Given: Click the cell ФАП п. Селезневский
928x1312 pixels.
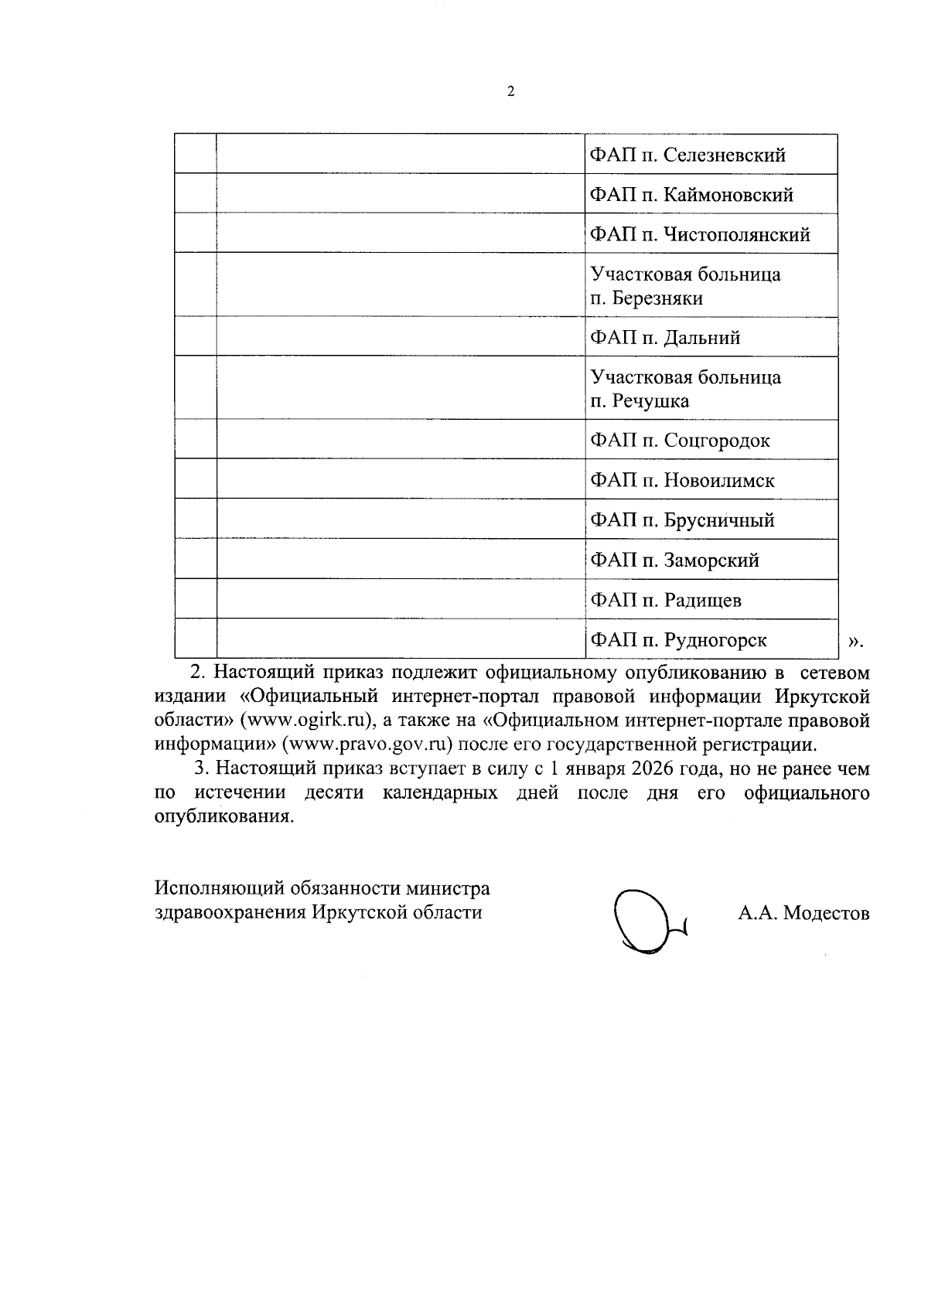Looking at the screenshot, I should (687, 155).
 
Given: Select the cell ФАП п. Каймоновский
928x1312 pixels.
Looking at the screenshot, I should (691, 195).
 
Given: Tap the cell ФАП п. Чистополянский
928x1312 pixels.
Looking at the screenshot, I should (700, 234).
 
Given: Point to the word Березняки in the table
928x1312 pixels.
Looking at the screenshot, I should (657, 298).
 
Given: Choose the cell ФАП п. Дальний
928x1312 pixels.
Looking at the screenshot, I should (665, 338).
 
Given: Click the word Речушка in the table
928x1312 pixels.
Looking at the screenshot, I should (650, 401).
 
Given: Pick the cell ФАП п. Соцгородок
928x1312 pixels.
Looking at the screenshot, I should (680, 441).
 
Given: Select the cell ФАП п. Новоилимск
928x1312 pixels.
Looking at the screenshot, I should (682, 481).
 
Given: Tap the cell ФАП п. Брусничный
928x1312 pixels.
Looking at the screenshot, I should (682, 520).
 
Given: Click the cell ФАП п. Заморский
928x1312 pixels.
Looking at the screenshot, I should (674, 561).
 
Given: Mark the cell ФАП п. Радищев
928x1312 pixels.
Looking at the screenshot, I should (667, 600).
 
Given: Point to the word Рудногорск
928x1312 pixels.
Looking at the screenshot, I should (715, 640).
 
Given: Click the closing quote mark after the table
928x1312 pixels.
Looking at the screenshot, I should (854, 641).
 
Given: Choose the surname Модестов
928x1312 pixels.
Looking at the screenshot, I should (826, 913).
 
